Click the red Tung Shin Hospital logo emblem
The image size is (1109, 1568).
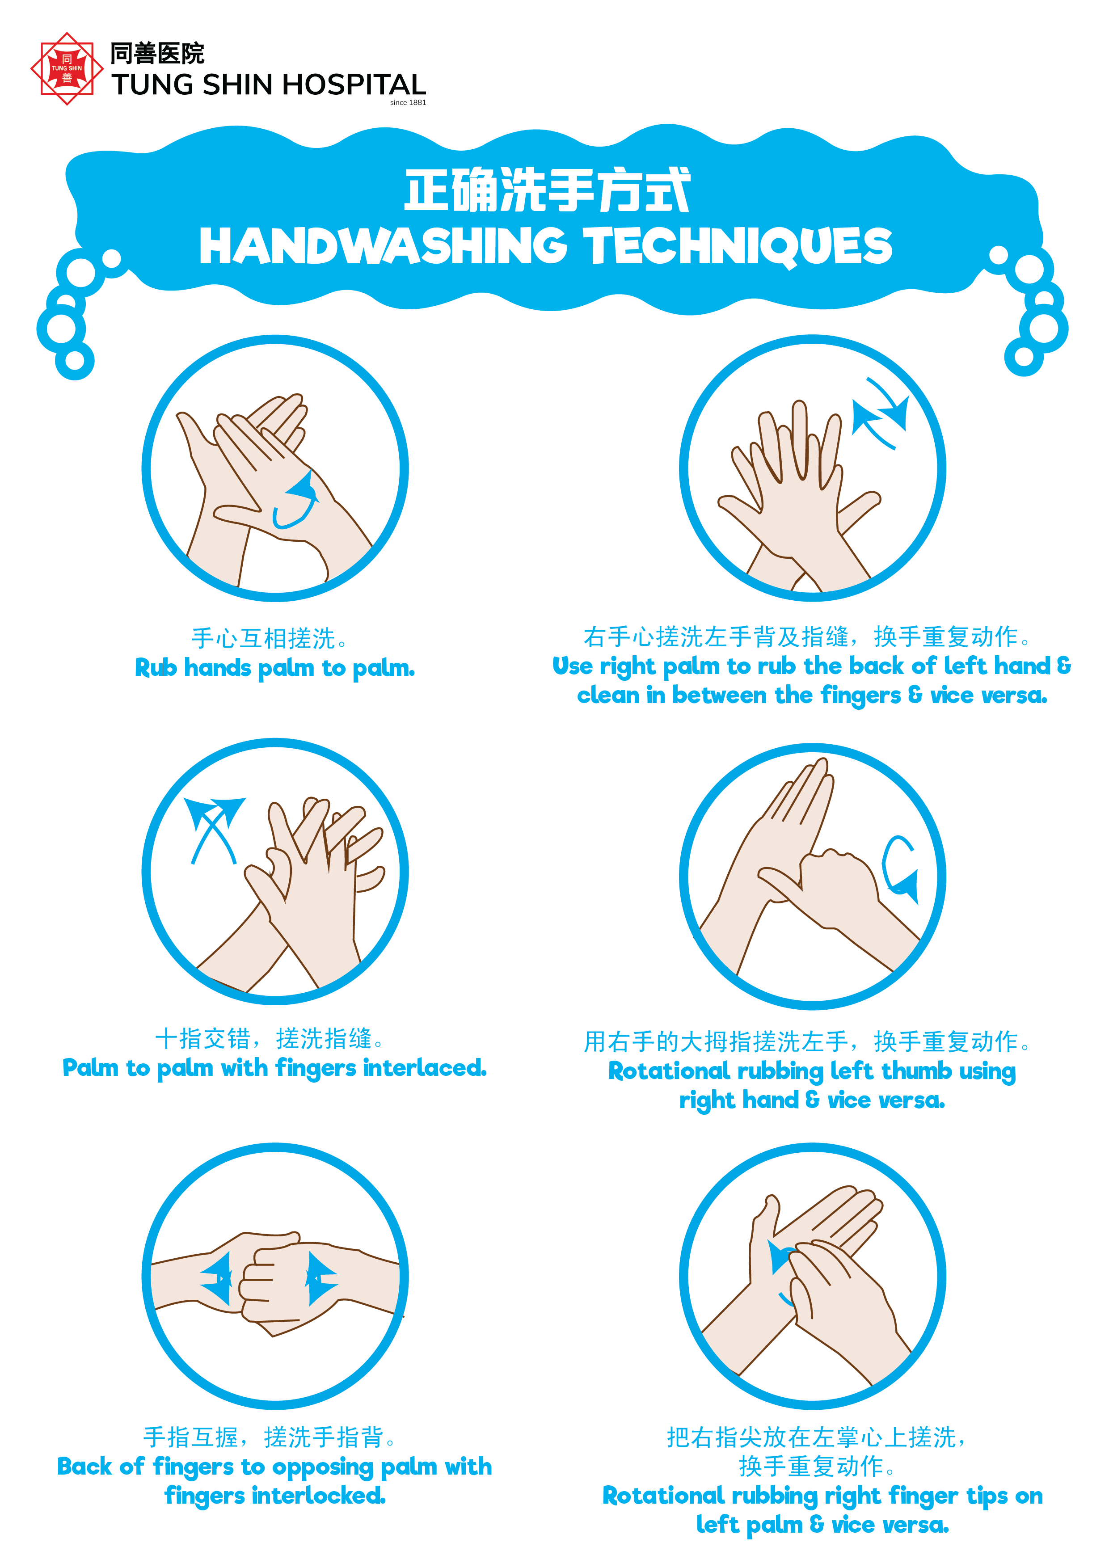67,68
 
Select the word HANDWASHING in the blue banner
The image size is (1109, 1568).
383,246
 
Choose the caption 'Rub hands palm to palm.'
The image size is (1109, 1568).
275,668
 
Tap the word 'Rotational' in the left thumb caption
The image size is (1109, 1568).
669,1071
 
